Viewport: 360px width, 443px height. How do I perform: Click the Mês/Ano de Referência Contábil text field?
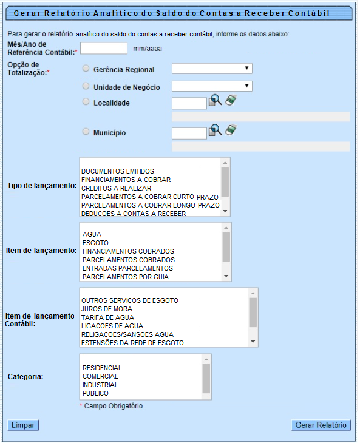pos(104,49)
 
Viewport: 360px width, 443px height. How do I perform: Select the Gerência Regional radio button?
pos(86,69)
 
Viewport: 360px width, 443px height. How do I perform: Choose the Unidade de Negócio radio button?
pos(86,86)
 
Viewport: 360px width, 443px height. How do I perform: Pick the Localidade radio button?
pos(86,102)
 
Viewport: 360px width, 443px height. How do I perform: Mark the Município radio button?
pos(86,132)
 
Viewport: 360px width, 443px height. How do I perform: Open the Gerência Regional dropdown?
pos(212,69)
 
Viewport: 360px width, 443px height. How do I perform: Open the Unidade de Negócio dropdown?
pos(212,86)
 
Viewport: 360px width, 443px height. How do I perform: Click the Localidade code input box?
pos(189,103)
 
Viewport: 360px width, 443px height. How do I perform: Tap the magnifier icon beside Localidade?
pos(215,101)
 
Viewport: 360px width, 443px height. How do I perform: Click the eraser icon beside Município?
pos(230,130)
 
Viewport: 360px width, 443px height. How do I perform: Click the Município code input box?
pos(189,133)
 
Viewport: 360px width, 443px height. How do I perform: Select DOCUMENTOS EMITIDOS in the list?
pos(118,171)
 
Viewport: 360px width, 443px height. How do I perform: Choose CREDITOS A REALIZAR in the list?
pos(116,188)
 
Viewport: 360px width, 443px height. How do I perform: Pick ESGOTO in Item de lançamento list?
pos(95,243)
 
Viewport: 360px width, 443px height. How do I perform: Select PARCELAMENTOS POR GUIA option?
pos(126,277)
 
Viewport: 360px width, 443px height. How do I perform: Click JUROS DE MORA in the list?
pos(106,309)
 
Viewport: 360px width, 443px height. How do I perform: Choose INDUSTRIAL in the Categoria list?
pos(101,385)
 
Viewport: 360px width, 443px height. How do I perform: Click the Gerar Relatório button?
pos(321,425)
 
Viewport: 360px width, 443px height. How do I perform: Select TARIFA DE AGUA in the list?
pos(108,317)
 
